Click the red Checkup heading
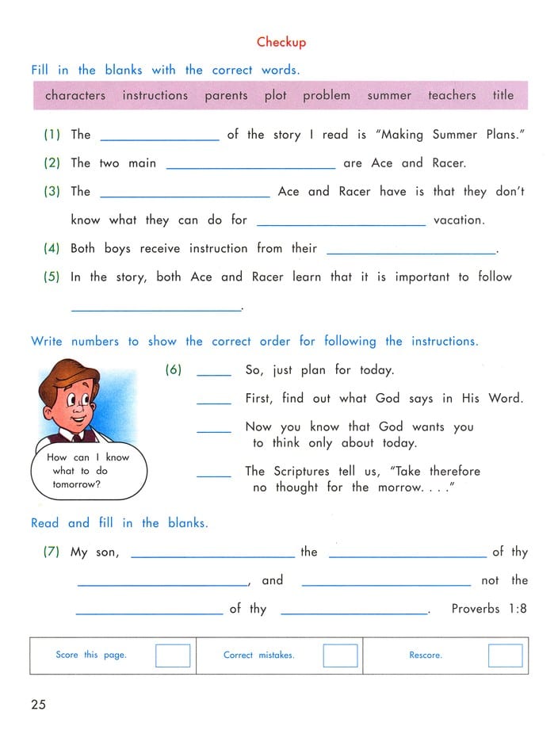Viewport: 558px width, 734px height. (x=281, y=42)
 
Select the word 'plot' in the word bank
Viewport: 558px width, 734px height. (x=275, y=95)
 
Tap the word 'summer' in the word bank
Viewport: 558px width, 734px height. (x=389, y=95)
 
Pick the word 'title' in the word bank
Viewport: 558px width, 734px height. (x=503, y=95)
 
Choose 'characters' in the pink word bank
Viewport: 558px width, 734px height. (x=75, y=95)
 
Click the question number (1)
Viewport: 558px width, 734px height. (x=52, y=135)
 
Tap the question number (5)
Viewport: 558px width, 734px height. (x=52, y=277)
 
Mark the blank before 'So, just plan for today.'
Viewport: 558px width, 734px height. (x=213, y=373)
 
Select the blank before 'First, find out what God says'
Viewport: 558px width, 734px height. (x=213, y=402)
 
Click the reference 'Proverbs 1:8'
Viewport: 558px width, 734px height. (x=489, y=609)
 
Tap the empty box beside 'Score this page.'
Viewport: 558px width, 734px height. (x=173, y=656)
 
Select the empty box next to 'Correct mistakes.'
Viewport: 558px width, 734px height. (x=341, y=656)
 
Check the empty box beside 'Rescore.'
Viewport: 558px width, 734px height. (x=505, y=656)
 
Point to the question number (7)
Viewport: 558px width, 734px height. (x=52, y=552)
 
